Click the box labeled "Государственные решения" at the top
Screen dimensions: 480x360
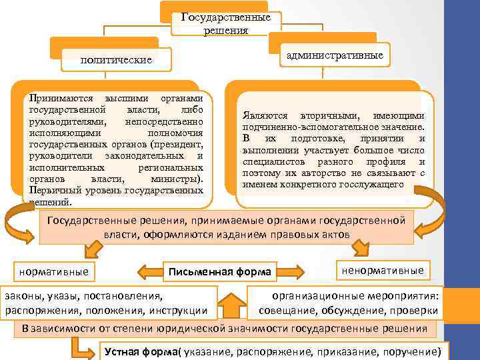coord(225,23)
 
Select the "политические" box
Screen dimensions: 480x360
coord(116,61)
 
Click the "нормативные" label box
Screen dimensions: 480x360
coord(53,271)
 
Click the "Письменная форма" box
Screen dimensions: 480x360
coord(220,271)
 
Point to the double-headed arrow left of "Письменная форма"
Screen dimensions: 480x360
coord(151,271)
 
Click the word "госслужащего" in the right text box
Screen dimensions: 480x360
coord(372,183)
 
